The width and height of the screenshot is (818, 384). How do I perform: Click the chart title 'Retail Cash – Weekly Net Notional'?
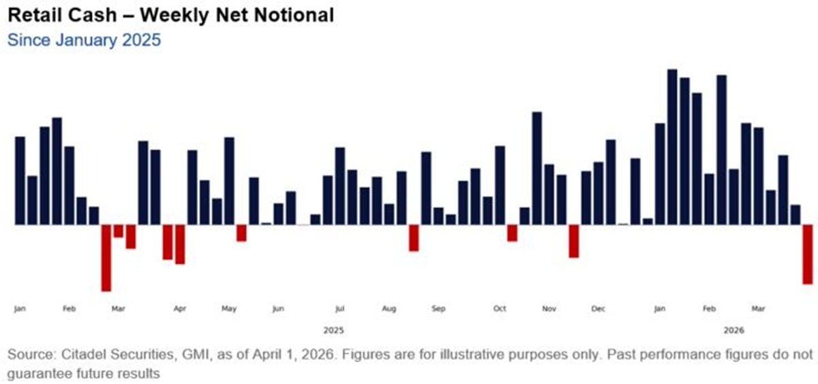point(170,15)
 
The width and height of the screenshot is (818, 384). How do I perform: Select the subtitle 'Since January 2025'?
point(84,40)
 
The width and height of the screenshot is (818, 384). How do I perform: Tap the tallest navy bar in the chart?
point(672,147)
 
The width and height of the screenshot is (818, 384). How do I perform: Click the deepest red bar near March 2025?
point(106,258)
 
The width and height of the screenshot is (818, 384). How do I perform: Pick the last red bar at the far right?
point(807,254)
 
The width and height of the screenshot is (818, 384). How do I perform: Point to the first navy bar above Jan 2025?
point(20,180)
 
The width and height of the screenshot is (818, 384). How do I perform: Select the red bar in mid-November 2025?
point(573,241)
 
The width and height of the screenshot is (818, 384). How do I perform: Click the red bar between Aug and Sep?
point(414,237)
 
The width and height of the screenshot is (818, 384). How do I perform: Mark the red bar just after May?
point(241,233)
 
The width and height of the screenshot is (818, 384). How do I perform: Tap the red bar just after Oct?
point(512,233)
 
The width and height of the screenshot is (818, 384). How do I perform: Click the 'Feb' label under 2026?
point(709,310)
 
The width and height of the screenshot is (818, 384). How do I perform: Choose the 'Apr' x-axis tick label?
point(180,310)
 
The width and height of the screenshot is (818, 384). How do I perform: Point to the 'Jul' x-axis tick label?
point(339,310)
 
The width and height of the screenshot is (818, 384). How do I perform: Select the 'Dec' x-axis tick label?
point(599,310)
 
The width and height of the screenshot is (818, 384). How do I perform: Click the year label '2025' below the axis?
point(333,331)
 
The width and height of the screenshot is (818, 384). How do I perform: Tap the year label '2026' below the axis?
point(733,331)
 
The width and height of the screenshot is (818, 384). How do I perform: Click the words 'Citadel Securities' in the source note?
point(102,355)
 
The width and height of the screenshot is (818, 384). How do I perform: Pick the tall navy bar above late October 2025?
point(536,168)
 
